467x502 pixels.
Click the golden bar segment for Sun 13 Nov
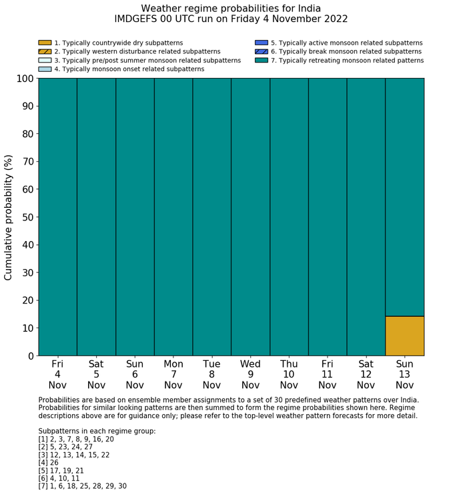click(404, 336)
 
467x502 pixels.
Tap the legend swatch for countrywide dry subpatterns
click(45, 43)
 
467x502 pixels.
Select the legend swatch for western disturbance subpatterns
click(45, 51)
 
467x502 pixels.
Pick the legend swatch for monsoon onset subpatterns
click(45, 69)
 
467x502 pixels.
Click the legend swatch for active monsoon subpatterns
click(262, 43)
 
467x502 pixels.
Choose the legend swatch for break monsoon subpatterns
click(262, 51)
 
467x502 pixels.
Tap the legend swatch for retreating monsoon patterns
click(262, 60)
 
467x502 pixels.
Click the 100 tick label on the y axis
click(24, 79)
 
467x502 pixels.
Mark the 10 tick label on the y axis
click(27, 328)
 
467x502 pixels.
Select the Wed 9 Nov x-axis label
click(250, 374)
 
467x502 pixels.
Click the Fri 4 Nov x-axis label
click(57, 374)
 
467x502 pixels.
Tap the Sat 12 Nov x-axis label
click(366, 374)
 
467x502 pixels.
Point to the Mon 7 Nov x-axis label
click(173, 374)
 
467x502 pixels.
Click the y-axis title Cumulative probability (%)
click(9, 217)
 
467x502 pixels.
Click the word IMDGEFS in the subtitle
click(137, 19)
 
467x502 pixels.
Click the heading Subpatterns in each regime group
click(97, 431)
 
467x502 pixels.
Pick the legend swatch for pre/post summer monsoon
click(45, 60)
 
